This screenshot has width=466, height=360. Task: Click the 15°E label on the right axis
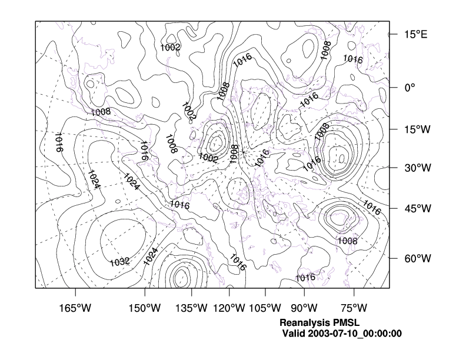[x=415, y=35]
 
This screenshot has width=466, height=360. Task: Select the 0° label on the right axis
[x=410, y=87]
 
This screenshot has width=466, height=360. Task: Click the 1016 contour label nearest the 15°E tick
[x=352, y=59]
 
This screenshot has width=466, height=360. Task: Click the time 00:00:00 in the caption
[x=382, y=334]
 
